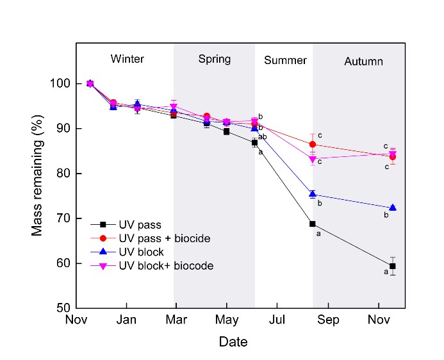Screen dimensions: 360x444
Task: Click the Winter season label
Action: click(127, 59)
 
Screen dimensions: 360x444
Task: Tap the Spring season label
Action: click(214, 59)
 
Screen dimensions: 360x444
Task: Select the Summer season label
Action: click(285, 60)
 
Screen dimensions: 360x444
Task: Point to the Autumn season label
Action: click(363, 61)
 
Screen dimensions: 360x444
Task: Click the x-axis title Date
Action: click(233, 342)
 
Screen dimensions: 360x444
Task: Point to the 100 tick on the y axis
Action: click(60, 84)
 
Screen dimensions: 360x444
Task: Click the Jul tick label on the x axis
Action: click(277, 319)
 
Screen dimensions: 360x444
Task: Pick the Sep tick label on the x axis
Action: click(328, 319)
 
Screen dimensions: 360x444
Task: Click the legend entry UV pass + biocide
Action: click(164, 238)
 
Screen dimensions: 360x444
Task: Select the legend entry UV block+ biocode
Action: click(165, 265)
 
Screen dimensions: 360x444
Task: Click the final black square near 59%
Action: click(392, 266)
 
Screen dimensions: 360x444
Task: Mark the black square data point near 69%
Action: click(313, 224)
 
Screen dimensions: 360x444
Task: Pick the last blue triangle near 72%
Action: click(392, 208)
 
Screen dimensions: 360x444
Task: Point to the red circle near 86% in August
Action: click(313, 144)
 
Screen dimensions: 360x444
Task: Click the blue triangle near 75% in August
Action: click(313, 194)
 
